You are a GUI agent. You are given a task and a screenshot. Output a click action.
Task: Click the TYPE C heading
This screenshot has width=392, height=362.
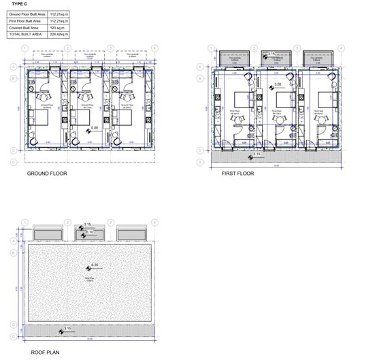click(20, 4)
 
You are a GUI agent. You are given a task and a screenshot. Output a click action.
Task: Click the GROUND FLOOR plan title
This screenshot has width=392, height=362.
click(47, 174)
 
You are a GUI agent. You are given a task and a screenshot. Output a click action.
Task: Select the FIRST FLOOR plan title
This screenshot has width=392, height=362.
click(238, 174)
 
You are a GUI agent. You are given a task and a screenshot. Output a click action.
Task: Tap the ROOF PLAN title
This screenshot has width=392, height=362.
click(45, 353)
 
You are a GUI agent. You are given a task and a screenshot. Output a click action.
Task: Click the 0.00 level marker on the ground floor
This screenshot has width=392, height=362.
click(94, 128)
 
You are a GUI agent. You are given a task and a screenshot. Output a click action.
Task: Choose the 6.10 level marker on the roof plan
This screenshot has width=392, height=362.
click(89, 233)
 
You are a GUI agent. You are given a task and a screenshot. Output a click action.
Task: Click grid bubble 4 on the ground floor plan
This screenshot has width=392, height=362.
click(154, 49)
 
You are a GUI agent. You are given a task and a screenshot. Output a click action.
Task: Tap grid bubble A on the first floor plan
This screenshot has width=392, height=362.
click(199, 67)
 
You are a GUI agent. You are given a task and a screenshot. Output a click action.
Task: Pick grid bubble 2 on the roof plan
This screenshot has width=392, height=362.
click(67, 223)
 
